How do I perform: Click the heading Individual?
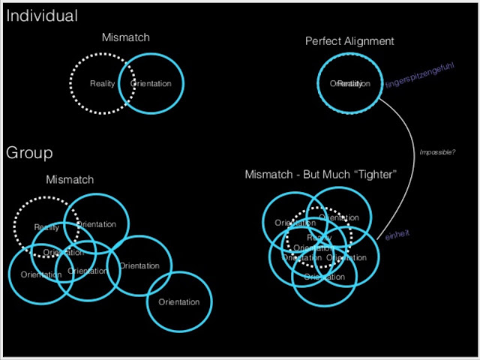[41, 16]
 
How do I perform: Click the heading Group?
[29, 153]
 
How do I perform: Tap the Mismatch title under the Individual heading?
[126, 37]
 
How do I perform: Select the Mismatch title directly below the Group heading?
[70, 180]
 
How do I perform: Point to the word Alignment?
[369, 41]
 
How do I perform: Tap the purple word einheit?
[397, 235]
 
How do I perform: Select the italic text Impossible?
[437, 152]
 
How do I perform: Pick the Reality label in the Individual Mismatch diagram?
[102, 83]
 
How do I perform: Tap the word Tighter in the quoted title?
[373, 175]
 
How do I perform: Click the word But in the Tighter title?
[311, 175]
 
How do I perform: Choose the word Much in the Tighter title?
[339, 175]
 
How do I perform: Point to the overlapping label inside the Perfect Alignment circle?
[350, 83]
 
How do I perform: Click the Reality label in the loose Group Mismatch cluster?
[46, 227]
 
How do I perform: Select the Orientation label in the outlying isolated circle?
[179, 302]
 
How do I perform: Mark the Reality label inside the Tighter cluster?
[319, 238]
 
